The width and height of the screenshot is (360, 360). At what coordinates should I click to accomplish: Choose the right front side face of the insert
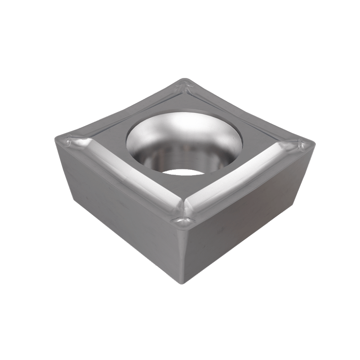click(x=249, y=228)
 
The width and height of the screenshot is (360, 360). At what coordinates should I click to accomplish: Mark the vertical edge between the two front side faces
click(x=182, y=253)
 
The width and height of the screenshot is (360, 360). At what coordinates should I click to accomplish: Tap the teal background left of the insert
click(x=25, y=169)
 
